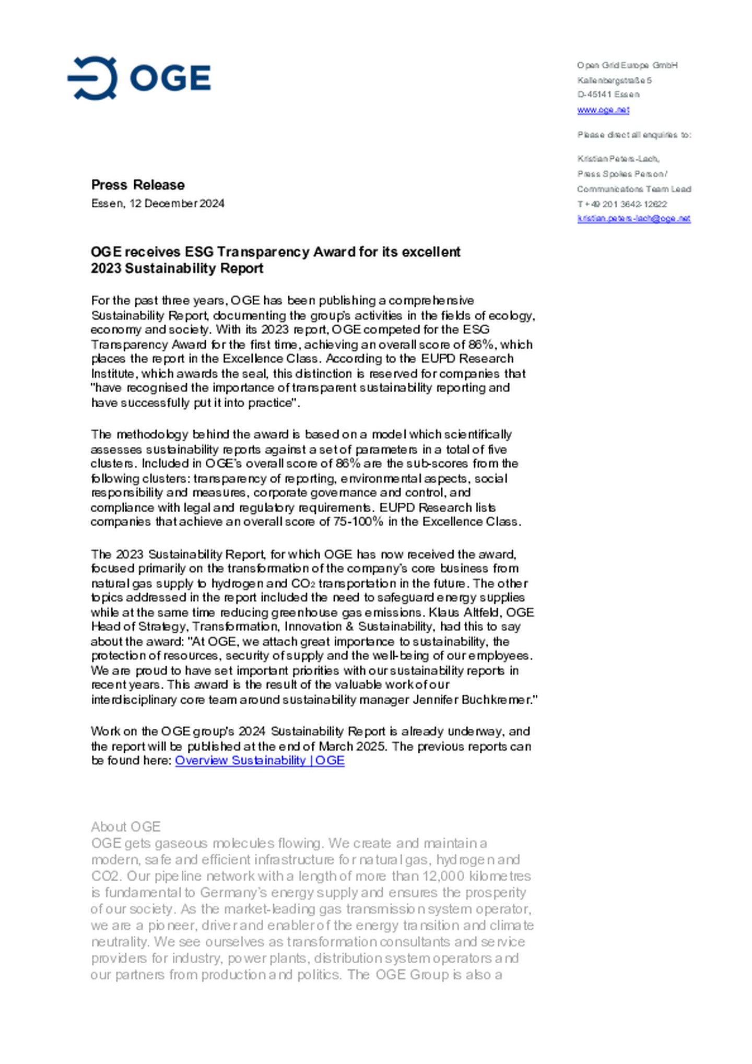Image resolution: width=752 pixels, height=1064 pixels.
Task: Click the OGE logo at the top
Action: tap(139, 78)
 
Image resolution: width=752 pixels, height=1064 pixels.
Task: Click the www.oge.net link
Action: tap(603, 110)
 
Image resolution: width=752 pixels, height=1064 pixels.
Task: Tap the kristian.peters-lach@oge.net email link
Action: tap(633, 218)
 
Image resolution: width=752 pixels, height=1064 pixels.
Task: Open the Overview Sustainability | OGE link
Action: tap(260, 760)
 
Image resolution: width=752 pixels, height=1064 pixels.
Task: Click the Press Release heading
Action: tap(138, 185)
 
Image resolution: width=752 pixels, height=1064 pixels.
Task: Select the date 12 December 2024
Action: tap(177, 203)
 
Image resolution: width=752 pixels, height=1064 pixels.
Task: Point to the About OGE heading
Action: tap(125, 826)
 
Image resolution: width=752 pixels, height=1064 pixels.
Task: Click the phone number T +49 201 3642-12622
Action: tap(622, 204)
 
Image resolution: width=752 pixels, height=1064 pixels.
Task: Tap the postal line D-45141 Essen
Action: tap(608, 94)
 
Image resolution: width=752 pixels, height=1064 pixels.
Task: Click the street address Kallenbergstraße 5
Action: tap(614, 80)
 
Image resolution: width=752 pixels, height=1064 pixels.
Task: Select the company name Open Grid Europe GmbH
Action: tap(627, 65)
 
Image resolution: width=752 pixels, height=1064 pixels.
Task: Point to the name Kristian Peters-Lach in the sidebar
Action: tap(618, 159)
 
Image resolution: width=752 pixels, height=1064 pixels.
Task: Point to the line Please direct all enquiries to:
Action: tap(634, 135)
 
